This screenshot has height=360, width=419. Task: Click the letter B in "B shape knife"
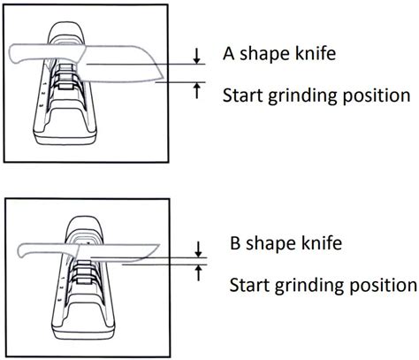coord(234,241)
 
